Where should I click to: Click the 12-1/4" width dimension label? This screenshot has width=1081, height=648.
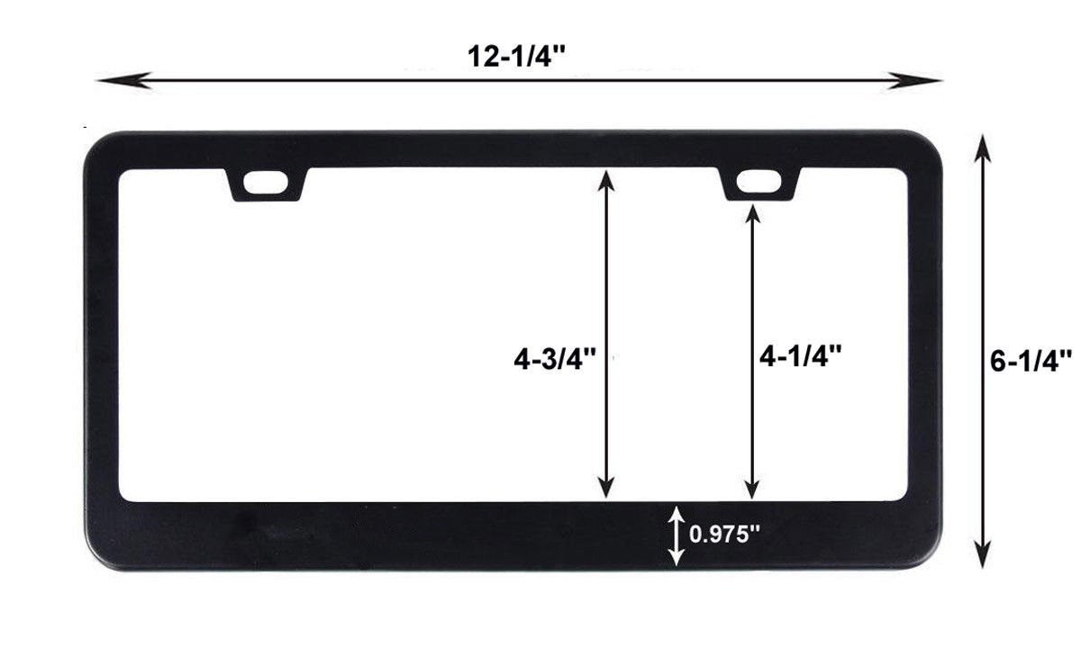[516, 57]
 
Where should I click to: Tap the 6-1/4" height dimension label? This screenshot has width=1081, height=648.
[1031, 361]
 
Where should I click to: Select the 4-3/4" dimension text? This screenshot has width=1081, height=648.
[555, 359]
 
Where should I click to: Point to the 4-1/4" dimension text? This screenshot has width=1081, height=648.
[801, 356]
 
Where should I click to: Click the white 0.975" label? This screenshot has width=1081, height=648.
[724, 535]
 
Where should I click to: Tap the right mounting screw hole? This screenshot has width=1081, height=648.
[759, 181]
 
